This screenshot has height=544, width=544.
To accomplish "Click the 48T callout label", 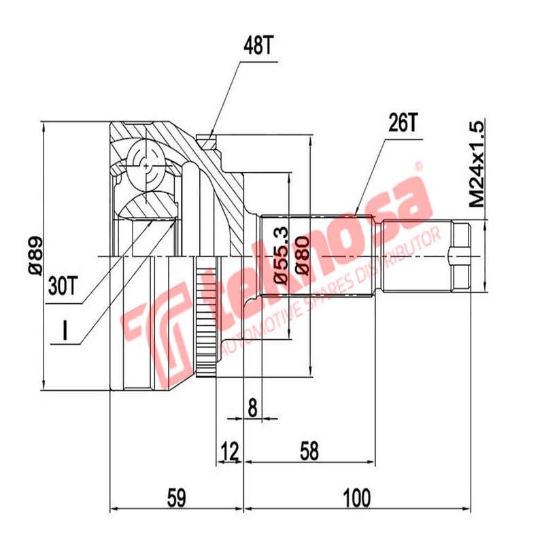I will (257, 46).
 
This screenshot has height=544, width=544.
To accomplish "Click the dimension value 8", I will (252, 408).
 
